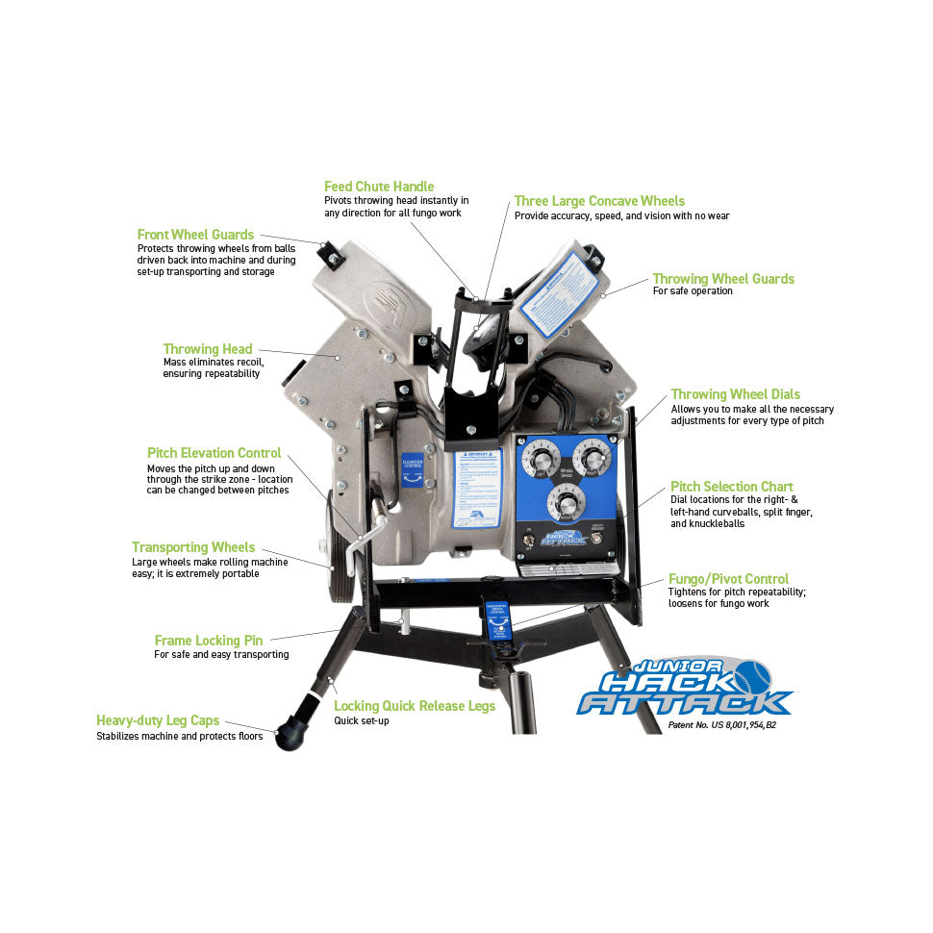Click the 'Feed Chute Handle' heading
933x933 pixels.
coord(379,186)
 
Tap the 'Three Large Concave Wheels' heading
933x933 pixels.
coord(599,201)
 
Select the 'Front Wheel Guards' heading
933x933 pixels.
coord(195,235)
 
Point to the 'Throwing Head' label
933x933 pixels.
coord(208,349)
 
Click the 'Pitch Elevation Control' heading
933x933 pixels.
coord(214,453)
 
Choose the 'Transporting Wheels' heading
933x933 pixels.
coord(193,547)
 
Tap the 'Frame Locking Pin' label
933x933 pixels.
coord(209,640)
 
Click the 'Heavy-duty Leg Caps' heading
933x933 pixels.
coord(158,720)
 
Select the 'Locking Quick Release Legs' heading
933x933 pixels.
coord(415,706)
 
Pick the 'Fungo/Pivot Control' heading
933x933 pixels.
coord(728,579)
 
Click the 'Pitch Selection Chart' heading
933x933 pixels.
coord(732,487)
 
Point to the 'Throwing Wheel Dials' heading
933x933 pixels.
coord(735,394)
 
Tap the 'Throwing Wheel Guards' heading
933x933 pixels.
coord(723,279)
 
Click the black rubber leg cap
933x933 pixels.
coord(291,735)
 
